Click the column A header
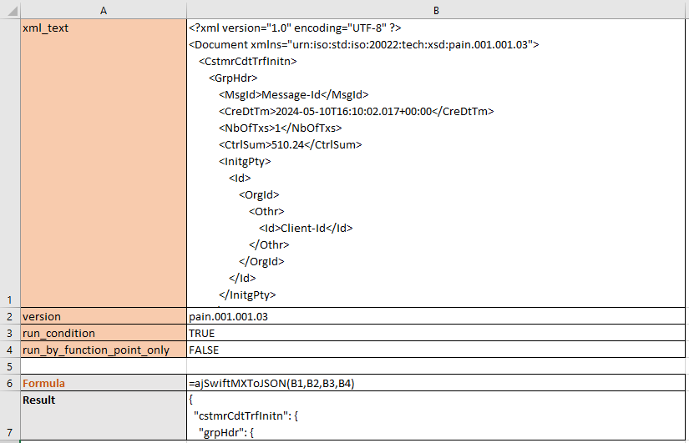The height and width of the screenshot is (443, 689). pos(104,10)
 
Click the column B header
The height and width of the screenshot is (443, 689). pos(436,10)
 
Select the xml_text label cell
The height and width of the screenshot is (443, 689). pos(104,163)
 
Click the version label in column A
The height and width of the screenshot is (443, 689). pos(42,316)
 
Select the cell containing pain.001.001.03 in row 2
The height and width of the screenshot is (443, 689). pos(436,316)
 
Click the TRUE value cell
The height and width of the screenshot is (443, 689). pos(436,333)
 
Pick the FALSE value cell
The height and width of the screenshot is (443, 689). pos(436,350)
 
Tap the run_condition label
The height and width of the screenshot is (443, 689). pos(58,333)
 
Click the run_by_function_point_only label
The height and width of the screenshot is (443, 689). pos(96,350)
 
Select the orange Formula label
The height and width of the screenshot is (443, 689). pos(43,383)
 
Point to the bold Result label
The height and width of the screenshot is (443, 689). pos(38,400)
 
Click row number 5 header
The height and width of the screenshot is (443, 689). pos(10,366)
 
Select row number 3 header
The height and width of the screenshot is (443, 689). pos(10,333)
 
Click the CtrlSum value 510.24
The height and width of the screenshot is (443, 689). pos(288,145)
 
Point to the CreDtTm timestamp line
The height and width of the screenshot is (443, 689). pos(357,112)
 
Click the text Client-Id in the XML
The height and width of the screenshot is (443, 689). pos(303,229)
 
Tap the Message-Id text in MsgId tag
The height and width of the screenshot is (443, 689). pos(291,95)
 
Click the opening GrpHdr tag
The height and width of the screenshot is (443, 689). pos(233,78)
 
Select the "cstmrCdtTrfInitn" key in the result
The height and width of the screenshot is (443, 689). pos(241,415)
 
